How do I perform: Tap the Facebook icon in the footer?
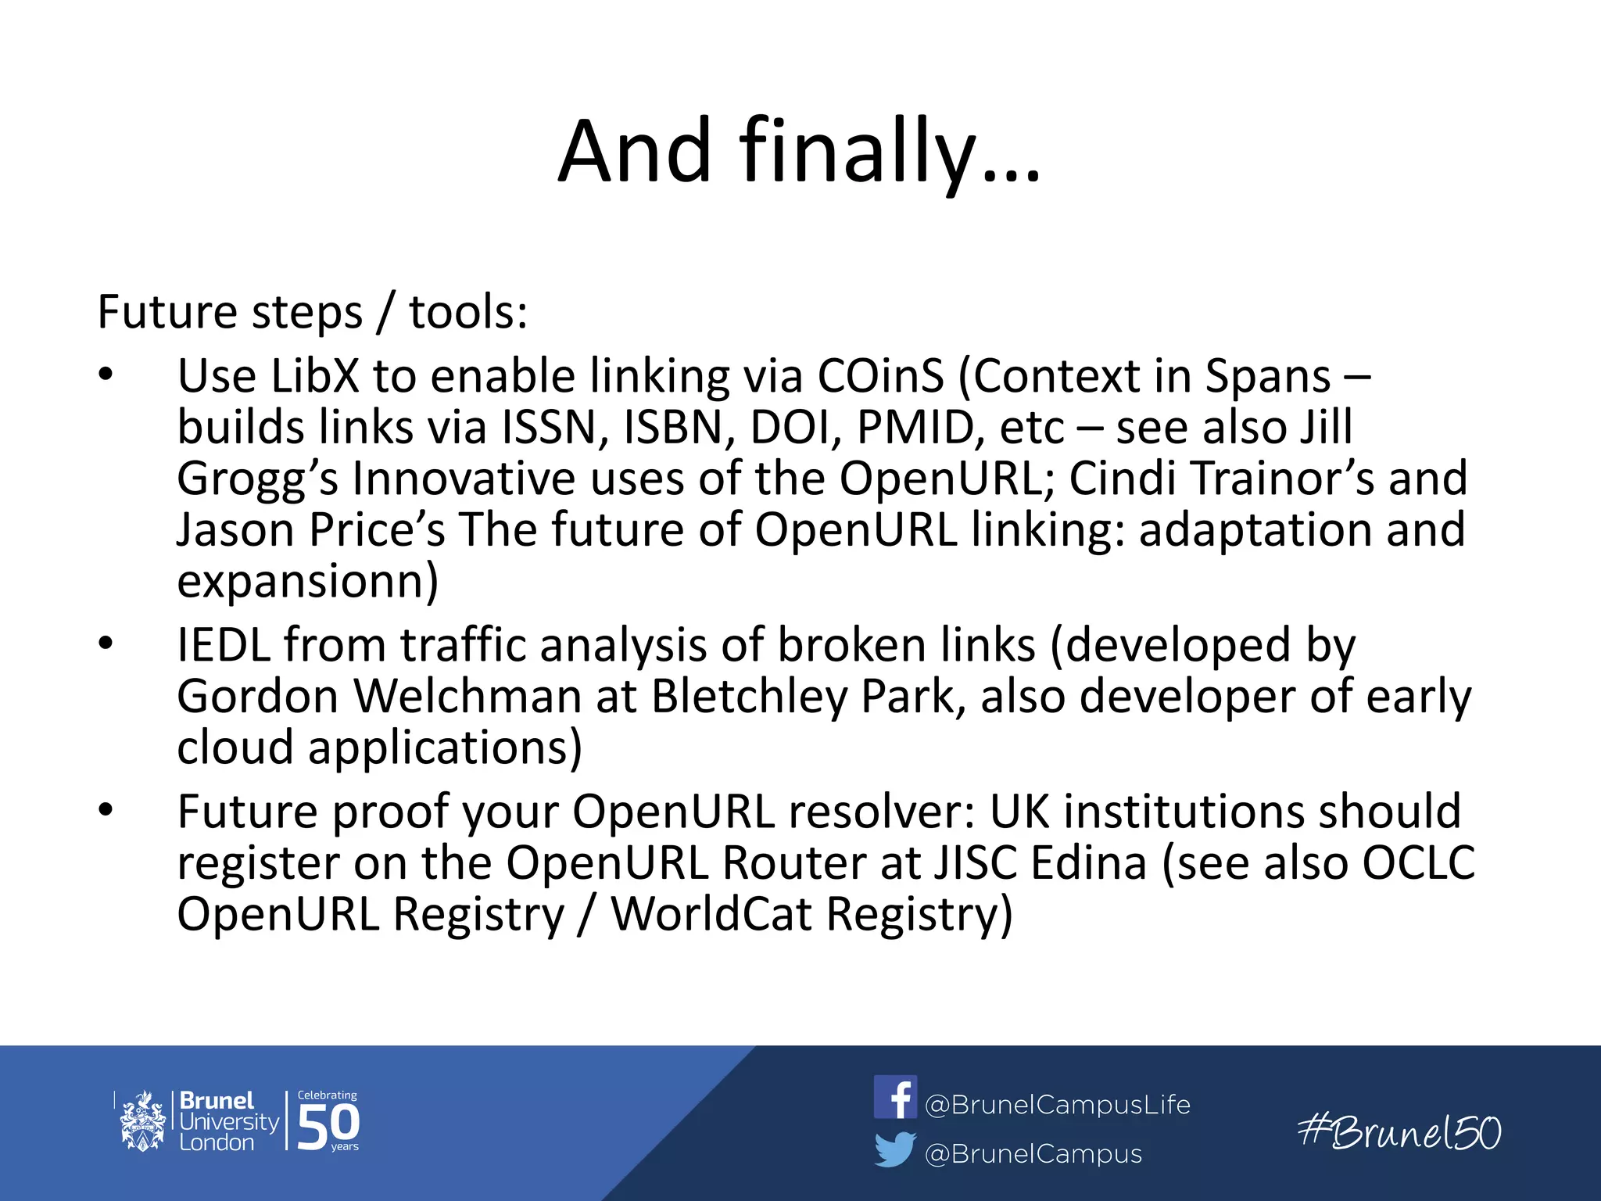point(895,1097)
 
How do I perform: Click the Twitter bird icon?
point(895,1149)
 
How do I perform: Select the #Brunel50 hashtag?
point(1399,1132)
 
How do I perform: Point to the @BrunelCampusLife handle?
point(1057,1104)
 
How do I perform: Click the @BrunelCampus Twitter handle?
point(1033,1153)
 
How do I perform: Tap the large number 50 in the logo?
point(328,1126)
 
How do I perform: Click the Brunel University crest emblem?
point(141,1122)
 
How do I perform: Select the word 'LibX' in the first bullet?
point(314,376)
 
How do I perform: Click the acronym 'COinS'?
point(880,376)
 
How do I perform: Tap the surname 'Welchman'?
point(467,696)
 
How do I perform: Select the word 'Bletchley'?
point(749,696)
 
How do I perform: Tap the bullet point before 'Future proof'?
point(106,810)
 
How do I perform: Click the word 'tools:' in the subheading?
point(468,312)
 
